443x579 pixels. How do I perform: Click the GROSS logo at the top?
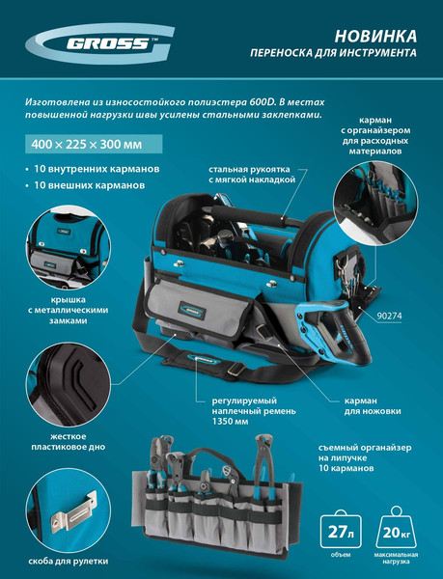99,44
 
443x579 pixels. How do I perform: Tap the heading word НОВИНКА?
375,37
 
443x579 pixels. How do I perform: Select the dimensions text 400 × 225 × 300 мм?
87,144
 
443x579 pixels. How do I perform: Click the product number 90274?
390,316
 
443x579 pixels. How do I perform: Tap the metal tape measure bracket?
73,511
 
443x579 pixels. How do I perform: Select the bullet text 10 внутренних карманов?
97,169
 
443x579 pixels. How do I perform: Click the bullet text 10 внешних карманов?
90,185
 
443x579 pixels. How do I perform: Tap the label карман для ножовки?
373,406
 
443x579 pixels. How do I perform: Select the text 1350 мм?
230,422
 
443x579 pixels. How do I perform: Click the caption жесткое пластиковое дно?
68,442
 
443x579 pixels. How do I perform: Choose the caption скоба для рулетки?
69,562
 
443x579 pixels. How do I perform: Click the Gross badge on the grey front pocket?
192,311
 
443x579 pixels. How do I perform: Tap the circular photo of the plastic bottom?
69,384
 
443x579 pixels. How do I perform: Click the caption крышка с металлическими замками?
69,310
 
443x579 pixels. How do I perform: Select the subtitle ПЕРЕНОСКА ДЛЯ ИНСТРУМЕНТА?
333,53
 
